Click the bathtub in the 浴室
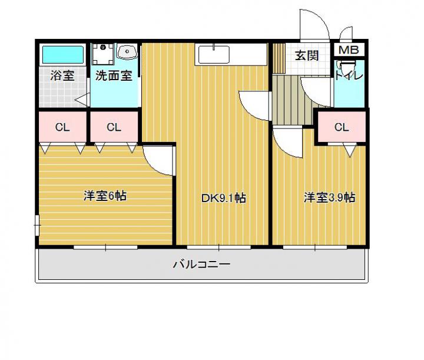63,54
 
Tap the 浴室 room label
62,75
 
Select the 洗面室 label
114,76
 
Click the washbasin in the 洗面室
127,51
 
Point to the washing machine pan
102,54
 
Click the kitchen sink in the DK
214,54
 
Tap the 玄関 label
307,55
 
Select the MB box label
349,49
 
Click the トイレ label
349,75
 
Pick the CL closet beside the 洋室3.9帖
342,127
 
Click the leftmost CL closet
62,127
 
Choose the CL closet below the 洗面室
114,127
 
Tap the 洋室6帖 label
105,196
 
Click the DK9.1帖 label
224,198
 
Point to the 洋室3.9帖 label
329,197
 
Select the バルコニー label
201,264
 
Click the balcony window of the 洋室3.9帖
315,247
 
